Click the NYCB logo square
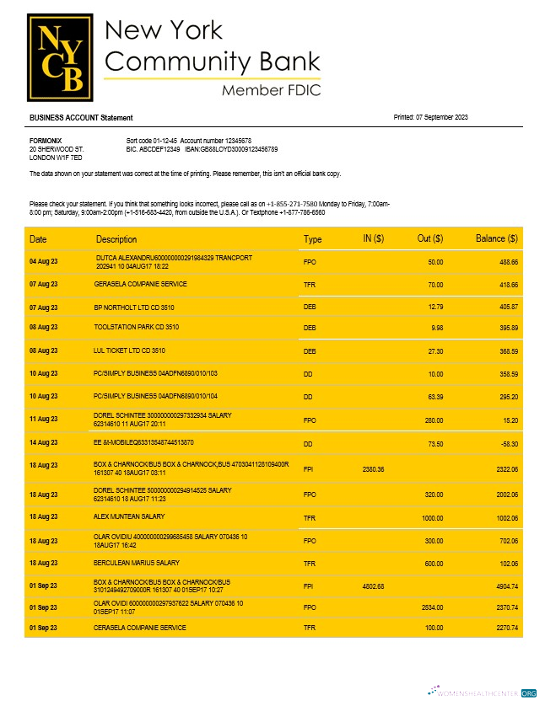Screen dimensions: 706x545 [61, 56]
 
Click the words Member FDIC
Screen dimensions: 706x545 [271, 90]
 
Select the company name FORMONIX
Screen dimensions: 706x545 [46, 140]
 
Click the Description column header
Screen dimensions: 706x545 [116, 239]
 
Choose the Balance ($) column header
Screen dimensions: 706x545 [496, 239]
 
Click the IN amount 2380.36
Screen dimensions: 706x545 [373, 469]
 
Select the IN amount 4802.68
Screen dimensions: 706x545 [373, 586]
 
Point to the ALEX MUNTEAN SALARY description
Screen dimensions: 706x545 [130, 516]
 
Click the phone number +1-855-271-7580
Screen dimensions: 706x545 [292, 204]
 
